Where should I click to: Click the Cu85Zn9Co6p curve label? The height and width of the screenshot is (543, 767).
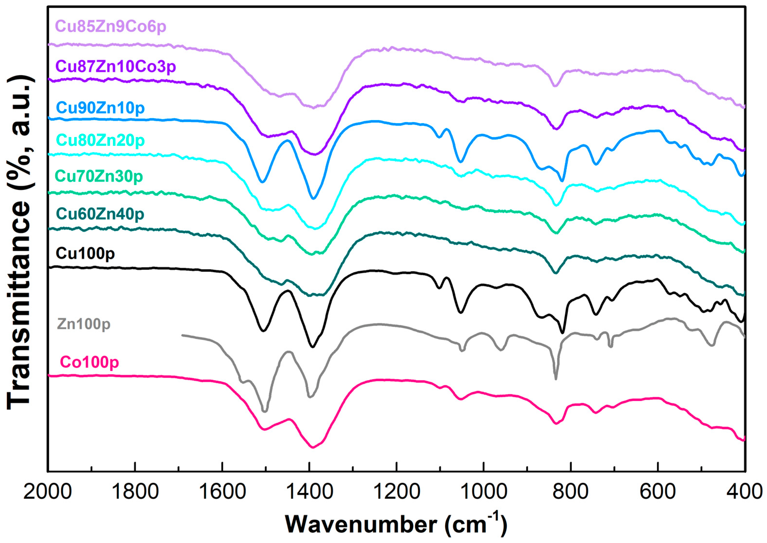tap(111, 26)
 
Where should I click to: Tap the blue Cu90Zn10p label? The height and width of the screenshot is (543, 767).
tap(100, 108)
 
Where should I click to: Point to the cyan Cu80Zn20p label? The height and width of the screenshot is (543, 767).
tap(100, 140)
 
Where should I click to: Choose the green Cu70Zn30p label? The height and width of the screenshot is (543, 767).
tap(99, 176)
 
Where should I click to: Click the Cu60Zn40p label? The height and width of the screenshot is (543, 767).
tap(100, 214)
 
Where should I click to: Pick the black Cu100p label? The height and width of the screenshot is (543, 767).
tap(85, 253)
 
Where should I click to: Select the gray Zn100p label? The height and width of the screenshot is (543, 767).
tap(84, 324)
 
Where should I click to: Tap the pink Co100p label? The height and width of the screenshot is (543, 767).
tap(89, 362)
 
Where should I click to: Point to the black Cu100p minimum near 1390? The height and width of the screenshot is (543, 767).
tap(313, 347)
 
